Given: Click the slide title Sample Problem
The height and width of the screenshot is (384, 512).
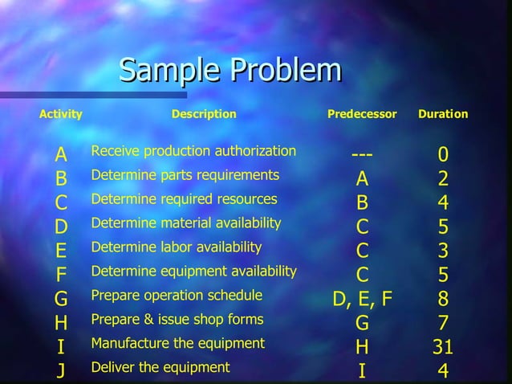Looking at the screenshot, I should click(230, 71).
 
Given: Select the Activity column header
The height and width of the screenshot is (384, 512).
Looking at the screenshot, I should click(61, 114).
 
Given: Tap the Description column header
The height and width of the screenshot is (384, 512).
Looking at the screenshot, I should click(204, 114).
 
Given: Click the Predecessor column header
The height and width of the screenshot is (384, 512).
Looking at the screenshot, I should click(362, 114).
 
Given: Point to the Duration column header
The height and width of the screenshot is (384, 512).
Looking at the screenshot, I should click(443, 114).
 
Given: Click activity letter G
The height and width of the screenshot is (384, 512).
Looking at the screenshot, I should click(61, 299).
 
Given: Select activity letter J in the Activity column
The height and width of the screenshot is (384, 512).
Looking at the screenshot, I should click(61, 371).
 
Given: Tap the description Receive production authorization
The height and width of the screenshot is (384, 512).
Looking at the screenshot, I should click(193, 151).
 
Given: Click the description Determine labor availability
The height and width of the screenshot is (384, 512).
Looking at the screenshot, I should click(177, 247).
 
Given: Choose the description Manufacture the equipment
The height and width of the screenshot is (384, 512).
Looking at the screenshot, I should click(178, 343).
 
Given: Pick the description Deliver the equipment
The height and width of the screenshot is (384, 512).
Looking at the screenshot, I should click(161, 367).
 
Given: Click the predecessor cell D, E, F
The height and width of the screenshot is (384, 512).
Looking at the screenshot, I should click(363, 299).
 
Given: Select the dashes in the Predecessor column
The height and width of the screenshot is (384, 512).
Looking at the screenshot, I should click(363, 153).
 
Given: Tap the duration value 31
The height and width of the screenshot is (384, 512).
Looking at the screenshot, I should click(443, 347).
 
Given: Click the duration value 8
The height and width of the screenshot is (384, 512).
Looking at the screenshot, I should click(443, 299).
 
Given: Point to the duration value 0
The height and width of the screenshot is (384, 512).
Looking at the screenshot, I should click(443, 153).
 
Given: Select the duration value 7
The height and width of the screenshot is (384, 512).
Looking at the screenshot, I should click(443, 323).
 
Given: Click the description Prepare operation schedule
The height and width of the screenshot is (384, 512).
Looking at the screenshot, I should click(177, 295).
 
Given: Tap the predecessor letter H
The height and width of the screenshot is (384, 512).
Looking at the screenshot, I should click(363, 347).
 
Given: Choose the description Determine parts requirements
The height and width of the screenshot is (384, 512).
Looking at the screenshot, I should click(185, 174).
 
